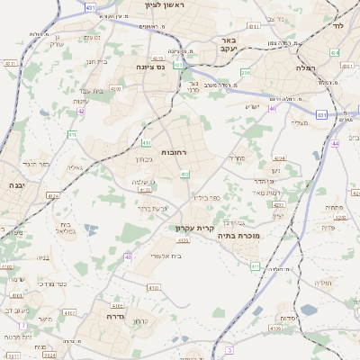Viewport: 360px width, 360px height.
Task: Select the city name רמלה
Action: (x=330, y=68)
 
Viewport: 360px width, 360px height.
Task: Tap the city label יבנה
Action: (x=15, y=184)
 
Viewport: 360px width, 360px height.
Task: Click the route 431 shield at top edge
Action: (x=90, y=7)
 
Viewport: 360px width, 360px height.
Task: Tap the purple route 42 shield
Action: (x=81, y=112)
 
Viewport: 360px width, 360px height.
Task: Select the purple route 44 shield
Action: (x=335, y=143)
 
